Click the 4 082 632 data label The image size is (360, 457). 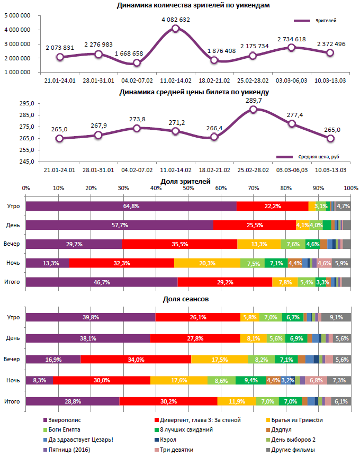tap(176, 20)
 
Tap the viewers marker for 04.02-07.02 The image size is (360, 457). tap(137, 63)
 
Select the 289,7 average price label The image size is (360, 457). tap(253, 100)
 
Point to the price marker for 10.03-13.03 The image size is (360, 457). tap(330, 139)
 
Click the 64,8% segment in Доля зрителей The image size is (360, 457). tap(131, 206)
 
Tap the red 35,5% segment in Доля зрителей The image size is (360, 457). tap(179, 244)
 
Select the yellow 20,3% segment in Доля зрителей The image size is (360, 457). tap(207, 263)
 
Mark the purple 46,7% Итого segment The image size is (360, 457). tap(101, 282)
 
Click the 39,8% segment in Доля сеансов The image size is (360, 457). tap(91, 317)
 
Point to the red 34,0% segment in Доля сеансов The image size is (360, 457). tap(136, 360)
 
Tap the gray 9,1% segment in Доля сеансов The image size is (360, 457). tap(336, 317)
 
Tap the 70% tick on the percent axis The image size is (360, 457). tap(254, 188)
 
